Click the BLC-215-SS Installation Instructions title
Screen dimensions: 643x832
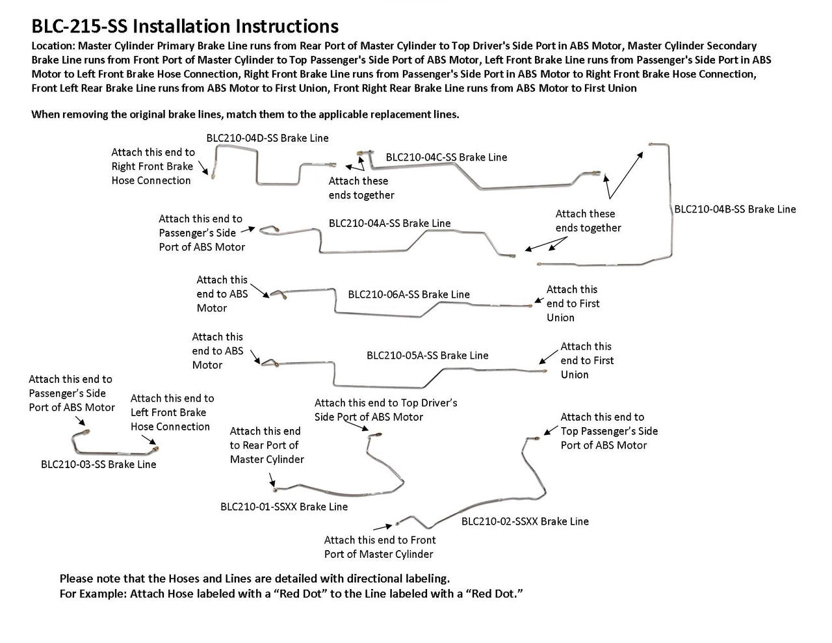tap(185, 26)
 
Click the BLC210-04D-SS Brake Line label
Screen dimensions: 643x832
tap(267, 138)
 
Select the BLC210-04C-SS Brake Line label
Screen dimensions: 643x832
tap(446, 157)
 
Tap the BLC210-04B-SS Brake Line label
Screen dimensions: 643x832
tap(734, 209)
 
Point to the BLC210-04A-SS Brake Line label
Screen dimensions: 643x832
tap(389, 223)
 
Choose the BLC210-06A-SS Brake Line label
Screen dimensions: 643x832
tap(408, 295)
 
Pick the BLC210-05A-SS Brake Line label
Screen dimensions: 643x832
tap(427, 356)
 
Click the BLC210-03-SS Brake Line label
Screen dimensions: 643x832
tap(98, 464)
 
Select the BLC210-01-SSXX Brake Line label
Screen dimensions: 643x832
tap(283, 506)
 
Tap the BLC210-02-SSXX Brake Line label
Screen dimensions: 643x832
tap(525, 521)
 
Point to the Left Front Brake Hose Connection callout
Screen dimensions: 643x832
tap(172, 412)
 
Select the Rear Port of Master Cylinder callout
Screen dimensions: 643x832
tap(266, 445)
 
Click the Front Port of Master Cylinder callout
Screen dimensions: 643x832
tap(380, 547)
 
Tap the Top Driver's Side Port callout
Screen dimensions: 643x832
tap(385, 410)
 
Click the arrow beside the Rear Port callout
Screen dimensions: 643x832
tap(273, 480)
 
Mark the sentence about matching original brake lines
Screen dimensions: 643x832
tap(245, 114)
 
